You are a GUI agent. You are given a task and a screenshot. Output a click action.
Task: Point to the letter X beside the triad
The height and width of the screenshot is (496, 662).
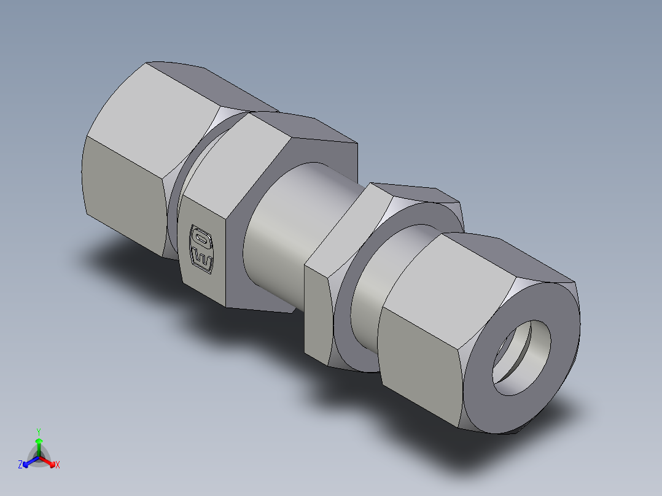click(58, 465)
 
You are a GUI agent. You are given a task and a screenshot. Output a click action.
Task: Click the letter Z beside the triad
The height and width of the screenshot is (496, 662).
click(20, 465)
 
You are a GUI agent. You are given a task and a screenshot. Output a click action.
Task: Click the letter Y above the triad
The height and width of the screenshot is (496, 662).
click(39, 432)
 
